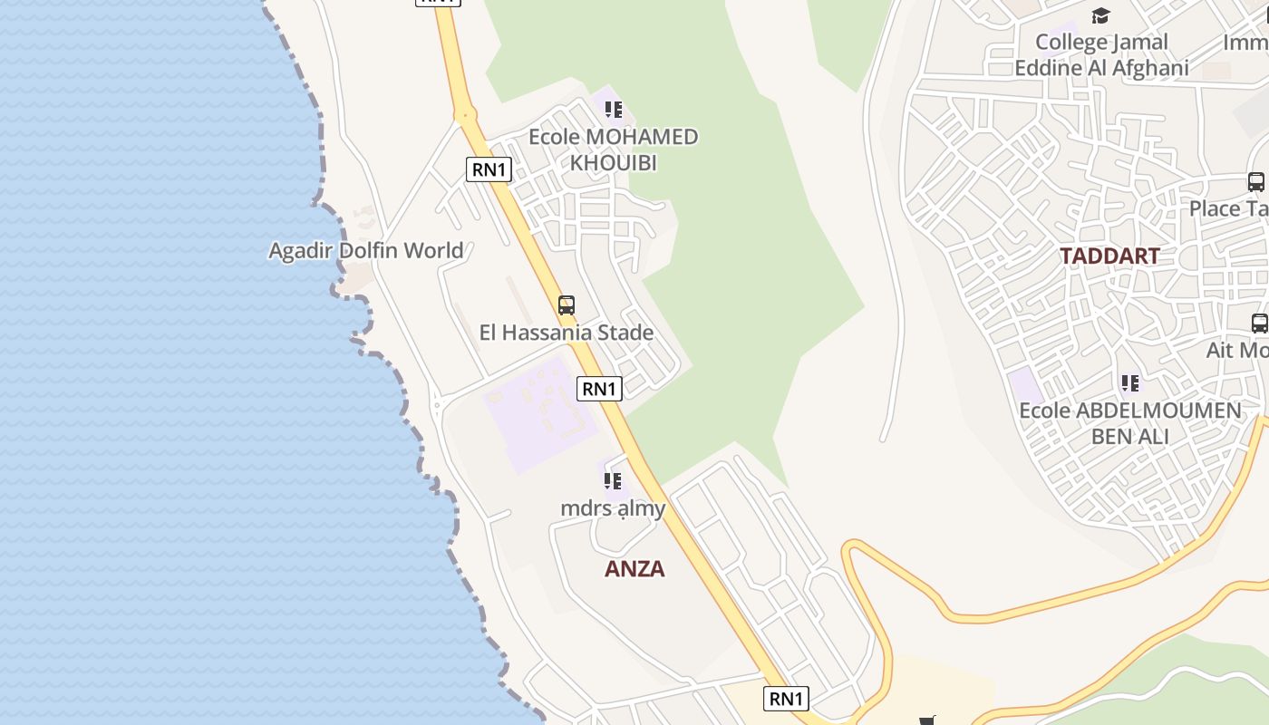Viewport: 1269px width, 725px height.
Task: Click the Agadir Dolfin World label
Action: coord(366,250)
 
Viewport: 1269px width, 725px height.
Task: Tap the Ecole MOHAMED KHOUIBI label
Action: coord(614,150)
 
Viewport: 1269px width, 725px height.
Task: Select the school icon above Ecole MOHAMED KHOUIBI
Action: coord(614,111)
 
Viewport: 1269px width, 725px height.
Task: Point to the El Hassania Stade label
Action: coord(567,333)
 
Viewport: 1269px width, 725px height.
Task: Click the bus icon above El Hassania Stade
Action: coord(567,305)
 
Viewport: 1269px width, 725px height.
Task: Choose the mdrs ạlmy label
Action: coord(613,508)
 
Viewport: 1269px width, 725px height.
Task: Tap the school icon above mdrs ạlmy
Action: coord(613,481)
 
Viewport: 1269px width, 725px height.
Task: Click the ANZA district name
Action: coord(634,569)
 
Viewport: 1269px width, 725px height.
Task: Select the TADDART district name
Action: coord(1109,256)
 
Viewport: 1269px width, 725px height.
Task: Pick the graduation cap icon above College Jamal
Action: coord(1100,15)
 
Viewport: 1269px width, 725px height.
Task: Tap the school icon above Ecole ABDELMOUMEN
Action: coord(1129,383)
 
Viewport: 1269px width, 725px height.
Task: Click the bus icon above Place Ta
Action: coord(1256,181)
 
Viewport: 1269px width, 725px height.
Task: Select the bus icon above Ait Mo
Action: coord(1260,323)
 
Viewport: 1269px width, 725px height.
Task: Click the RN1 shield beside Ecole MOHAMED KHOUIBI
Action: coord(489,169)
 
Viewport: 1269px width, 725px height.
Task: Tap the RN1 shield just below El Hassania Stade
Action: coord(599,389)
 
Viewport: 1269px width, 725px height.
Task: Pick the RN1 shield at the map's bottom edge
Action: coord(786,699)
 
